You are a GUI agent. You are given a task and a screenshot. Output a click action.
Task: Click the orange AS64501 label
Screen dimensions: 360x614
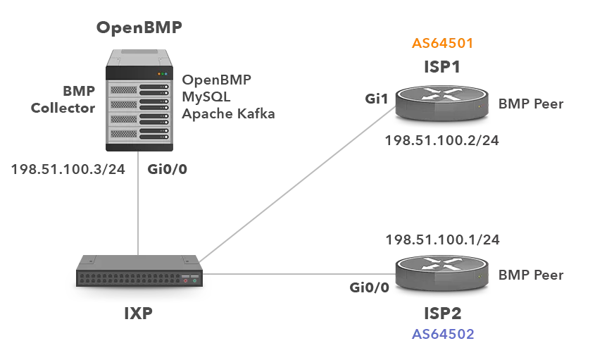(441, 43)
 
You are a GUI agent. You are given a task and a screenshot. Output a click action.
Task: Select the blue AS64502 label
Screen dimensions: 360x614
(444, 335)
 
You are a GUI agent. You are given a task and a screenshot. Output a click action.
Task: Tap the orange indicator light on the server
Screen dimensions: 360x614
(159, 74)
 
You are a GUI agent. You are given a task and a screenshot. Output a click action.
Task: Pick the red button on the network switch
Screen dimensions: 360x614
(185, 280)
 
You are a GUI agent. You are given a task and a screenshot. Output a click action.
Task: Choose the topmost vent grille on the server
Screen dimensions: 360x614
(122, 89)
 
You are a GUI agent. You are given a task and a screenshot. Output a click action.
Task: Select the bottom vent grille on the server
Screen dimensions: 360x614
(122, 134)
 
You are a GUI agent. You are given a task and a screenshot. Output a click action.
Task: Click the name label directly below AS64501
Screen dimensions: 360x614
(441, 66)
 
